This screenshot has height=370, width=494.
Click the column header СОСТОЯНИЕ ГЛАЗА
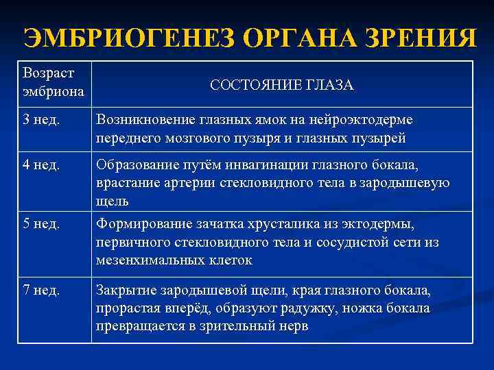[282, 85]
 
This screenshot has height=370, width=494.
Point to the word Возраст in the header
[48, 72]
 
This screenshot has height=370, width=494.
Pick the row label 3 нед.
[42, 121]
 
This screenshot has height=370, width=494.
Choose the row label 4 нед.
[42, 165]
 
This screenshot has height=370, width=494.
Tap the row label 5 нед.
[42, 224]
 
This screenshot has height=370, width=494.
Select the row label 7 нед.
[42, 290]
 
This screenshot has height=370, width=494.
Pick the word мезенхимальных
[146, 260]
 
